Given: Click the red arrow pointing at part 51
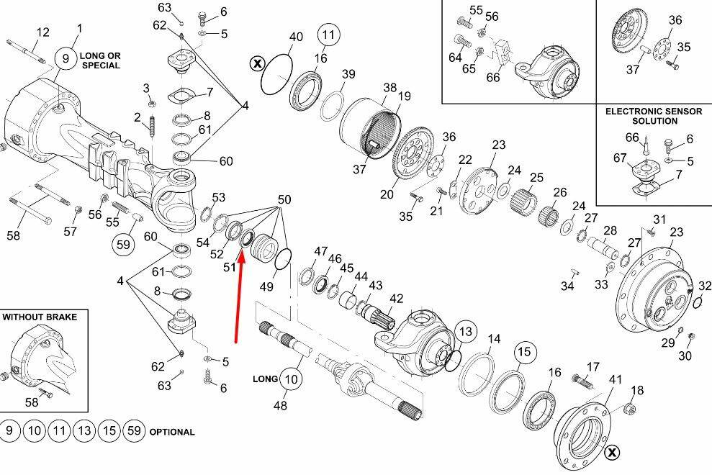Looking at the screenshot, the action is tap(239, 299).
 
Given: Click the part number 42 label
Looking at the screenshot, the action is tap(396, 299).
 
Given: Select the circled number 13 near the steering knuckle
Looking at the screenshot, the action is tap(466, 332).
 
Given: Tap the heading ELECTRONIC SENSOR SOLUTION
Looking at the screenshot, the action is tap(654, 116).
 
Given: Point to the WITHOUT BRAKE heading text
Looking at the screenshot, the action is tap(40, 317).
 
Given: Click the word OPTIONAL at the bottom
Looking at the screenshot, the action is tap(172, 432).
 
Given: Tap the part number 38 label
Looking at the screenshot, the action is tap(389, 88).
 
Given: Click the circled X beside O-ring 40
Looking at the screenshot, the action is tap(258, 63).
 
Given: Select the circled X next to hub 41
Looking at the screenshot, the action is tap(613, 452).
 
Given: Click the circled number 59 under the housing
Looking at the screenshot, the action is tap(124, 244).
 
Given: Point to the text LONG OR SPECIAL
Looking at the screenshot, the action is tap(101, 60).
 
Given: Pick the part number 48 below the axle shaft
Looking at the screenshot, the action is tap(280, 405).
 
